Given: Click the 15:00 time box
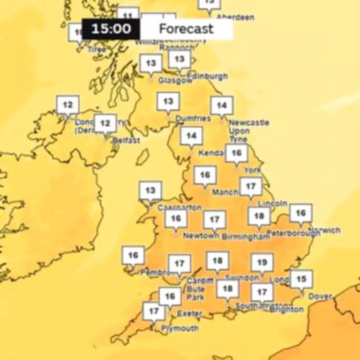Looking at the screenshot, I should [111, 29].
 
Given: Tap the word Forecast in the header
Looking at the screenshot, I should [186, 29].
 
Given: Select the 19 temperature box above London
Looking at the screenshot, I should [262, 262].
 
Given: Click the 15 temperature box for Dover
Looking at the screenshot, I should [301, 279].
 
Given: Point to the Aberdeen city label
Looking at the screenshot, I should [235, 17].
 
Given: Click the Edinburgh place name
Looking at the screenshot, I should [207, 76].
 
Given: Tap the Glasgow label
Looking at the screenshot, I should [175, 81].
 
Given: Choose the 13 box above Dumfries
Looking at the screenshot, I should [168, 101].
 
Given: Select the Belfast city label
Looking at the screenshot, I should [126, 140].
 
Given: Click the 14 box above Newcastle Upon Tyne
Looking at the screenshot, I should [221, 105].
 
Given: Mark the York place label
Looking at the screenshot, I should [252, 170].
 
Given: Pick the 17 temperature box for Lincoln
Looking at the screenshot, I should [251, 186].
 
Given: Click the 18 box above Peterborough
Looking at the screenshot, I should [259, 216].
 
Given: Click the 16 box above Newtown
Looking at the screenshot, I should [175, 218].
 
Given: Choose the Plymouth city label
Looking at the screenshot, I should [180, 328].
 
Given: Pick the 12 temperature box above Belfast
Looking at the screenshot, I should [105, 123].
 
